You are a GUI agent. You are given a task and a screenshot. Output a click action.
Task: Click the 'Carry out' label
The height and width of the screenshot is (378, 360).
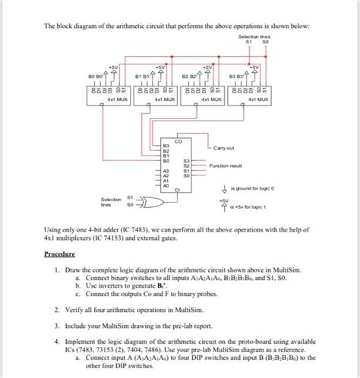[225, 148]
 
